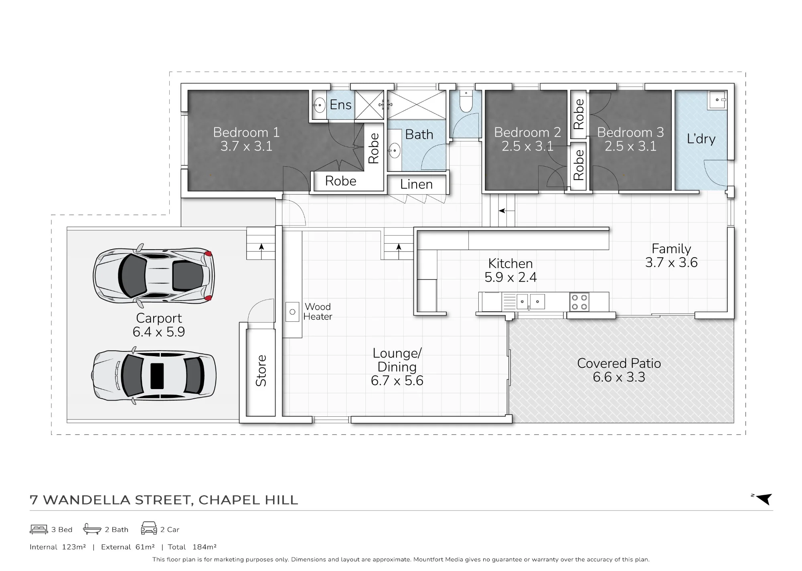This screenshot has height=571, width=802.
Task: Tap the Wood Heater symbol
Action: coord(292,312)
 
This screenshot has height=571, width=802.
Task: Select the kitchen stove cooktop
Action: coord(579,302)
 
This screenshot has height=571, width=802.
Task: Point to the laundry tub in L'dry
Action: coord(717,100)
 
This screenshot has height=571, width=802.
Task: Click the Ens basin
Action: coord(319,105)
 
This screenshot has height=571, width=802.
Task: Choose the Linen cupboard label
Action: coord(416,184)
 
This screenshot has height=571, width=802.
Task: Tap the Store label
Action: coord(261,371)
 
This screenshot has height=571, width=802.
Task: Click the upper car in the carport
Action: coord(154,275)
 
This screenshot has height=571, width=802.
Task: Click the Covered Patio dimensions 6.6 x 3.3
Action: coord(619,377)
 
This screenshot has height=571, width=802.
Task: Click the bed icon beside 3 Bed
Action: coord(39,529)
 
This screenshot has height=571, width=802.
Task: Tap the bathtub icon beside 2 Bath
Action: coord(92,529)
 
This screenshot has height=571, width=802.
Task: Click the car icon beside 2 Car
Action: coord(149,528)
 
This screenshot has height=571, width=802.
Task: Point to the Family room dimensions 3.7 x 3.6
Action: coord(671,262)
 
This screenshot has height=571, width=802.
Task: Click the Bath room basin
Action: coord(395,151)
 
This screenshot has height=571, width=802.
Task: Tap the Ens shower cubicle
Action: coord(369,105)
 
